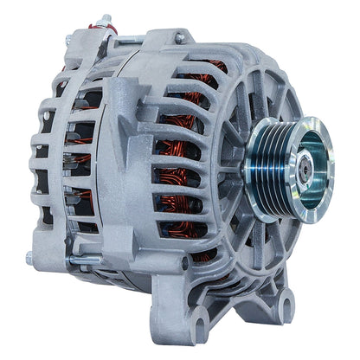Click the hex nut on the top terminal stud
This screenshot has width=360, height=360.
[x=106, y=22]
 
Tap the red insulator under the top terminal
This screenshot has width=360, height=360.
[x=109, y=34]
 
